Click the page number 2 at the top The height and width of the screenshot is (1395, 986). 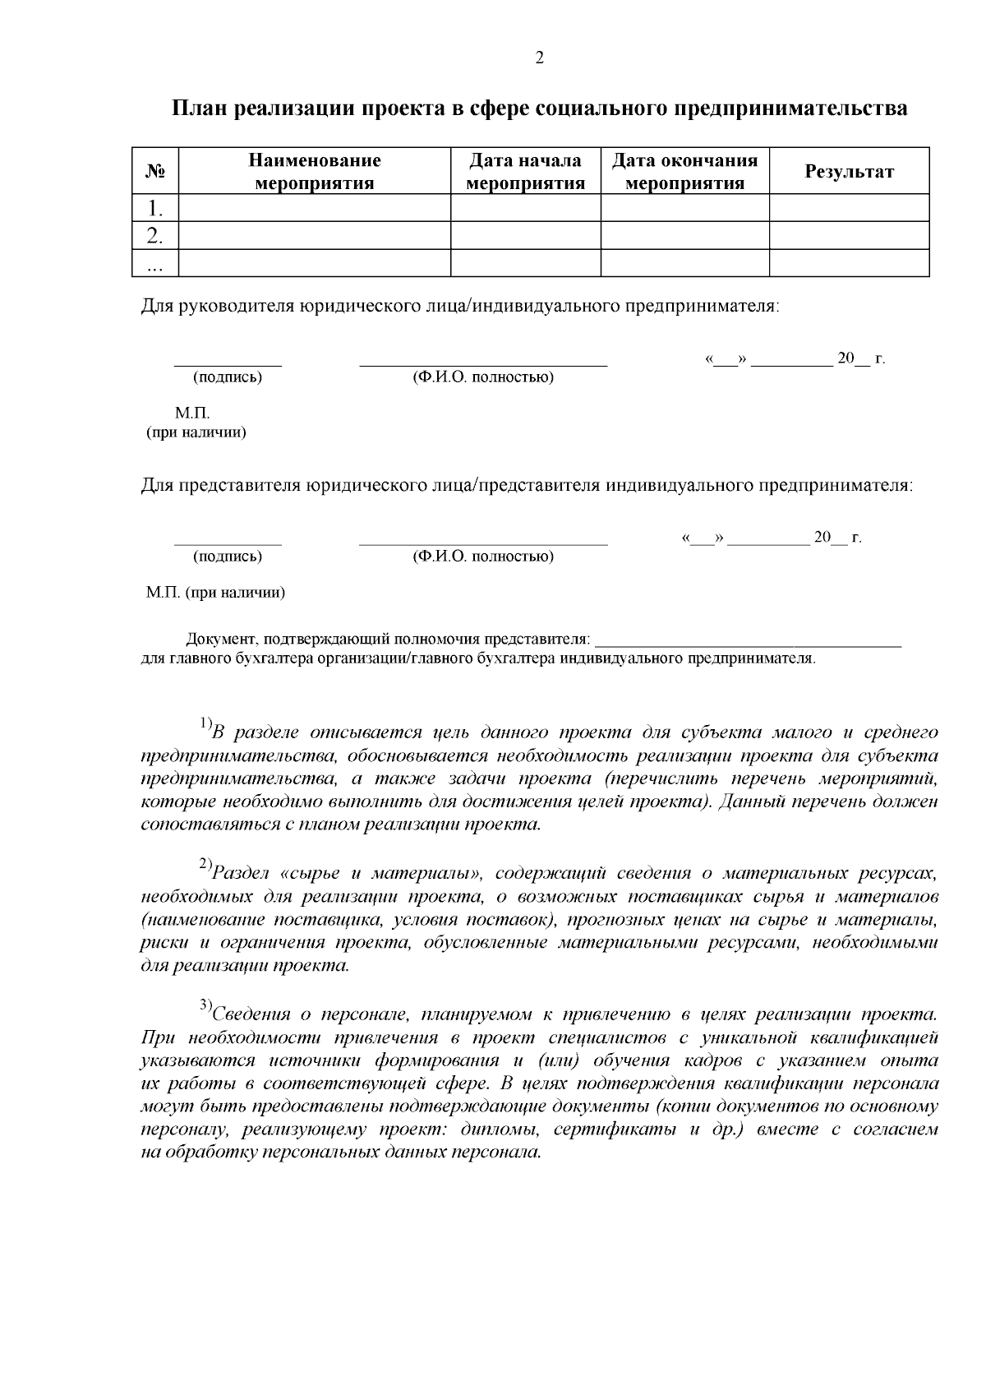click(539, 58)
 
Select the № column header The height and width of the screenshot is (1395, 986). click(155, 172)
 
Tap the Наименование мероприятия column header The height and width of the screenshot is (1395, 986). click(315, 172)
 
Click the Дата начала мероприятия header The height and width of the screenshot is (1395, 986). click(525, 172)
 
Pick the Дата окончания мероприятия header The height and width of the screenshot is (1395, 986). click(684, 172)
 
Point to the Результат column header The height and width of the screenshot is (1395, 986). click(849, 172)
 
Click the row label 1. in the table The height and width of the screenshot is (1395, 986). click(155, 207)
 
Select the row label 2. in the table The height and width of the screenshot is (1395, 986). click(155, 236)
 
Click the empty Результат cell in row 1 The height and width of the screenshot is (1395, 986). click(849, 207)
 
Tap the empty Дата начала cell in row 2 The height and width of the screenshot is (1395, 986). click(525, 236)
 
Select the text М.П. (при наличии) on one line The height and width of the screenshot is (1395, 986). click(215, 593)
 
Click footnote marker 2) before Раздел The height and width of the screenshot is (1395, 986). click(205, 865)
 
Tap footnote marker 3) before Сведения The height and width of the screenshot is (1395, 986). click(205, 1005)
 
